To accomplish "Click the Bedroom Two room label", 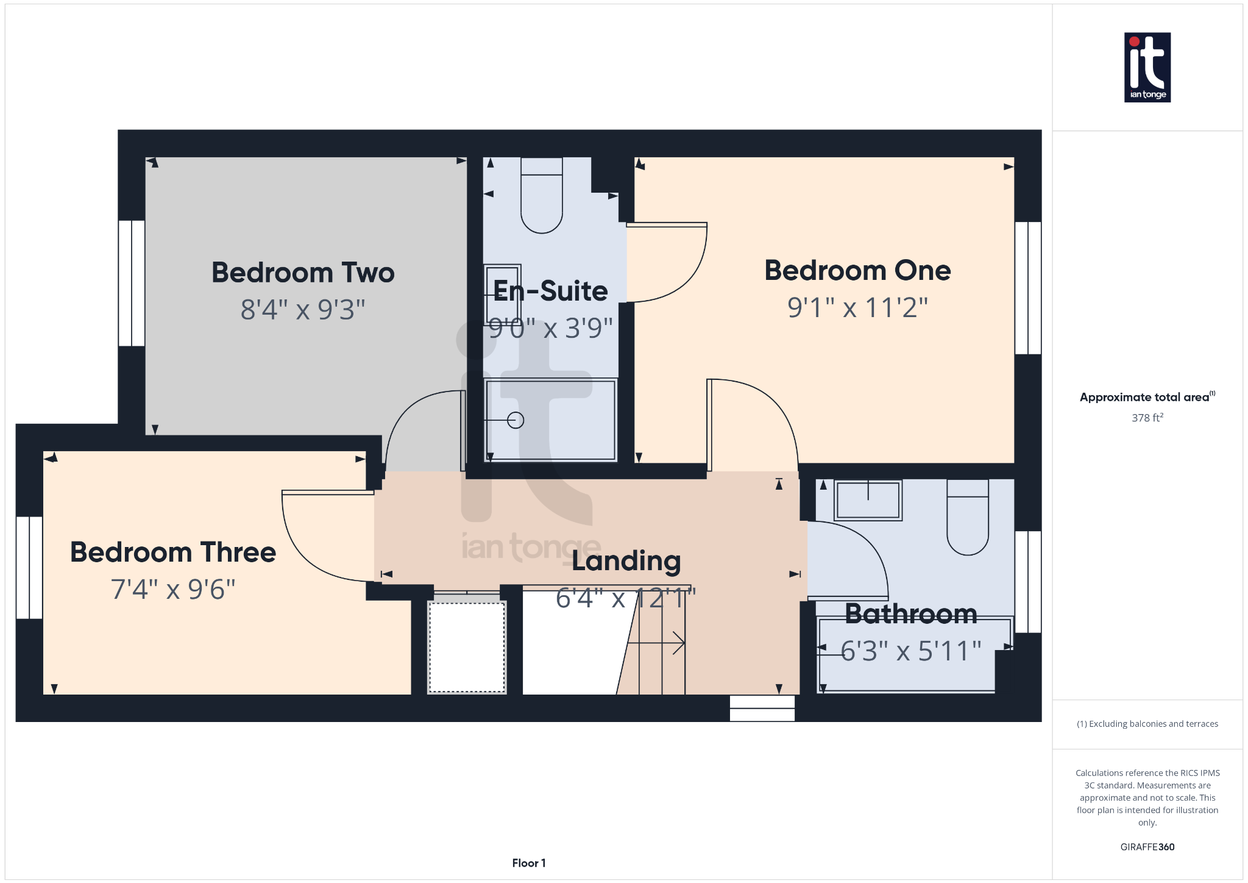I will click(x=303, y=273).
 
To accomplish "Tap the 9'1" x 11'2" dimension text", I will click(x=857, y=308).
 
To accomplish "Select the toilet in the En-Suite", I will click(x=541, y=196).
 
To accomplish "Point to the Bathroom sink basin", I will click(x=868, y=500).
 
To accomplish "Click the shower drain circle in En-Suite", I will click(x=516, y=420).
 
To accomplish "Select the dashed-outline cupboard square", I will click(x=467, y=647).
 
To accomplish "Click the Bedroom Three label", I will click(x=173, y=552).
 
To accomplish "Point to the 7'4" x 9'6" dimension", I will click(x=173, y=590).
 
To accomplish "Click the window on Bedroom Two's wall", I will click(x=131, y=283).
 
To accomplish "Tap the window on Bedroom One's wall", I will click(x=1028, y=288).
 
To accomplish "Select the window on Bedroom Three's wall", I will click(x=29, y=568).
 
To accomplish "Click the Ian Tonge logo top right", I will click(x=1147, y=67).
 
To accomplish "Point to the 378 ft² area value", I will click(x=1147, y=418).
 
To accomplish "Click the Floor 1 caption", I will click(x=528, y=863).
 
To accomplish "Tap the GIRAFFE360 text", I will click(x=1147, y=847).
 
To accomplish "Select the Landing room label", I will click(x=626, y=562).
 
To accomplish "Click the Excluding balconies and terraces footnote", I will click(x=1147, y=724).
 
